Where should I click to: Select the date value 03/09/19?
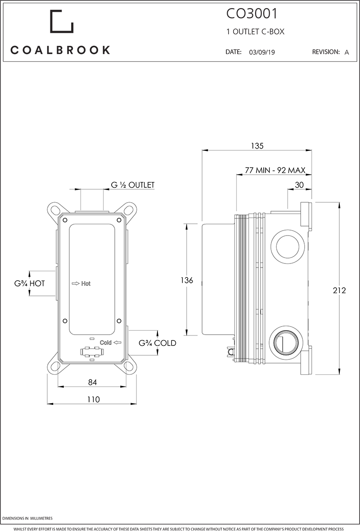pyautogui.click(x=262, y=52)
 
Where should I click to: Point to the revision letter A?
pyautogui.click(x=346, y=52)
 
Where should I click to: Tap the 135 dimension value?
pyautogui.click(x=256, y=145)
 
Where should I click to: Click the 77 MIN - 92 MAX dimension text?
pyautogui.click(x=275, y=170)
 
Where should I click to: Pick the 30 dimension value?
pyautogui.click(x=299, y=185)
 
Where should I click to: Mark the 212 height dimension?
pyautogui.click(x=339, y=290)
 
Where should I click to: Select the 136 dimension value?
pyautogui.click(x=186, y=280)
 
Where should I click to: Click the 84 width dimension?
pyautogui.click(x=92, y=382)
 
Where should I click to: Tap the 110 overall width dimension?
pyautogui.click(x=93, y=399)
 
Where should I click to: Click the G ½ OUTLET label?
pyautogui.click(x=133, y=185)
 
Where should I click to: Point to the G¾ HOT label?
pyautogui.click(x=29, y=283)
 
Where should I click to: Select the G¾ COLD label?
pyautogui.click(x=157, y=343)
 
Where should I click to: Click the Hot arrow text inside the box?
pyautogui.click(x=81, y=283)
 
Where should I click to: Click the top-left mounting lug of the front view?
pyautogui.click(x=56, y=210)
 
